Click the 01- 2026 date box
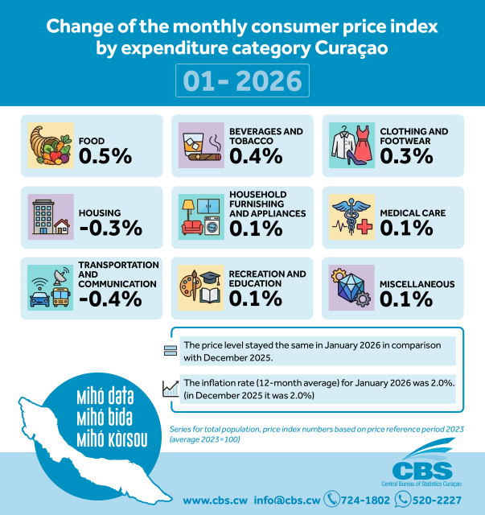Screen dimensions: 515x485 coord(242,81)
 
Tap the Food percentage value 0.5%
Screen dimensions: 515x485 coord(105,156)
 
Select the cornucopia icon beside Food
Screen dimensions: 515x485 coord(51,146)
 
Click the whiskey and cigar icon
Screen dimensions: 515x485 coord(201,146)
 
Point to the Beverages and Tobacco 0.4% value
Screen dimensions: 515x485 coord(256,156)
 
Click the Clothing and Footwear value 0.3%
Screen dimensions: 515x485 coord(406,156)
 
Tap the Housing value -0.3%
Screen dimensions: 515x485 coord(110,228)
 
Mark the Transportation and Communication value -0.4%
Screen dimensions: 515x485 coord(110,299)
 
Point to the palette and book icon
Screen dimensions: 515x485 coord(201,287)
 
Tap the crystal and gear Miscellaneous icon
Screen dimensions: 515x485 coord(352,287)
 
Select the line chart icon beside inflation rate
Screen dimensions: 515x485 coord(170,389)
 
